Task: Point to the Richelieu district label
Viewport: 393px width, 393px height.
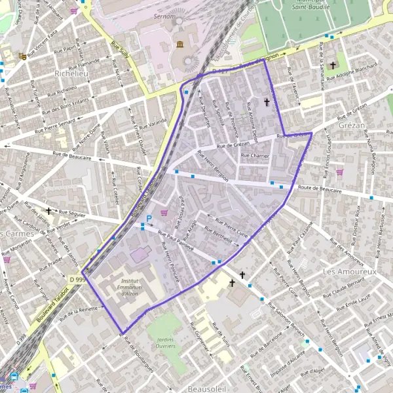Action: pyautogui.click(x=72, y=73)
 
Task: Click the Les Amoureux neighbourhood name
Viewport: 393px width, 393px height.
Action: pyautogui.click(x=350, y=271)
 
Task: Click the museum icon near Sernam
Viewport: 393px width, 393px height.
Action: pyautogui.click(x=179, y=44)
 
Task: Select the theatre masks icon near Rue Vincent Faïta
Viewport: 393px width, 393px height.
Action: pyautogui.click(x=23, y=57)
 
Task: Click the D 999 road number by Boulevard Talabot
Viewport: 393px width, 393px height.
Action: pyautogui.click(x=77, y=280)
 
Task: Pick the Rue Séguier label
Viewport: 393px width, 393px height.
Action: pyautogui.click(x=72, y=213)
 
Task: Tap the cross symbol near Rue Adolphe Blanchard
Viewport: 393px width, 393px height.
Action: pyautogui.click(x=333, y=65)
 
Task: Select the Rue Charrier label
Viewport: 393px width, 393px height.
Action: pyautogui.click(x=255, y=156)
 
